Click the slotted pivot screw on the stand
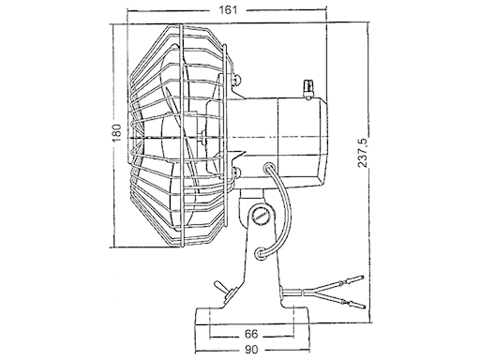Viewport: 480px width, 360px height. coord(261,217)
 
